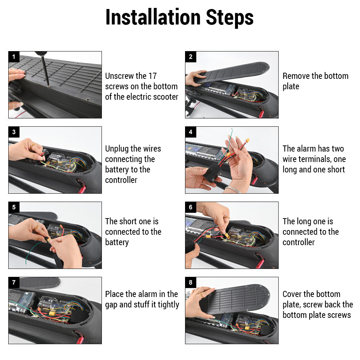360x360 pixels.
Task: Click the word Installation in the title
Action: (x=153, y=17)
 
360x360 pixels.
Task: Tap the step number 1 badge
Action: (x=14, y=57)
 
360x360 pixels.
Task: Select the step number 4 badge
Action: (x=190, y=132)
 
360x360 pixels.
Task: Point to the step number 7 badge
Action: (x=14, y=282)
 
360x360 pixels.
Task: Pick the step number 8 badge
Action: (x=190, y=282)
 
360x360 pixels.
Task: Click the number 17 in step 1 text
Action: (x=152, y=76)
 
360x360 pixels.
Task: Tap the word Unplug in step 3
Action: (x=117, y=149)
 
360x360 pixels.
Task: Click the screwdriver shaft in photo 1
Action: (x=45, y=70)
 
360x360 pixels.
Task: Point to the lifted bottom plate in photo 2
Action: (x=232, y=72)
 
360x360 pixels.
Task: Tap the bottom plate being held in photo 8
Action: (x=235, y=298)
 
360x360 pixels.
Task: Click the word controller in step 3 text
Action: (x=121, y=180)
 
